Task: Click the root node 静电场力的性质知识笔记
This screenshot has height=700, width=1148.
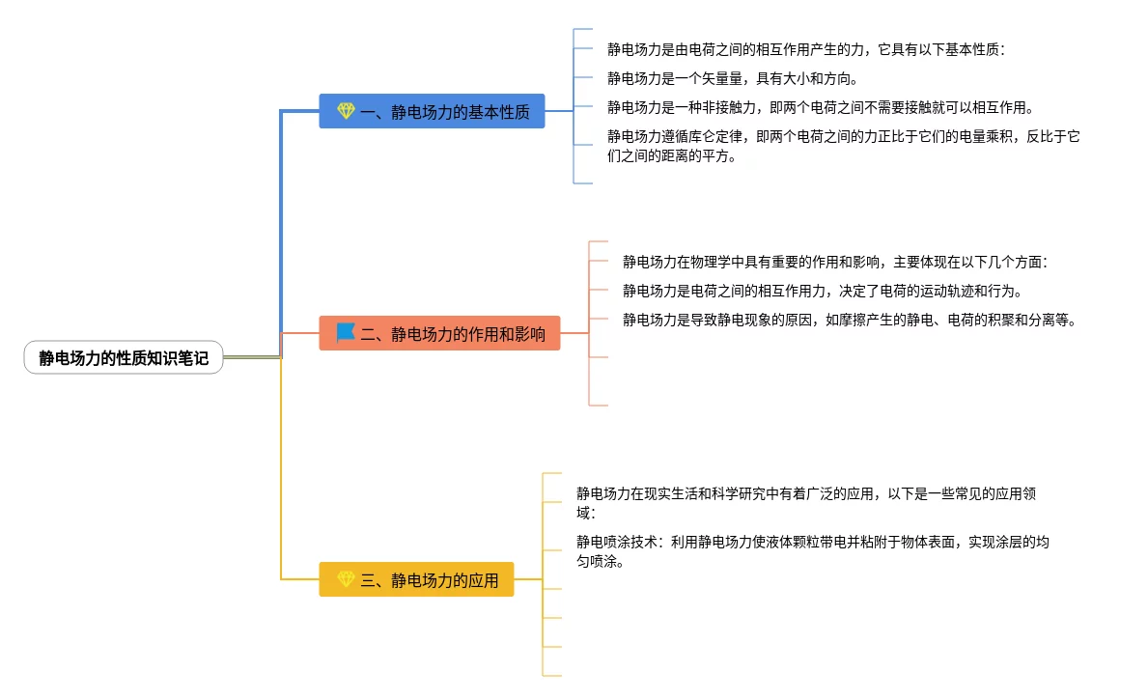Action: coord(124,358)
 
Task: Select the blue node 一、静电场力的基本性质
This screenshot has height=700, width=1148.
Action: coord(432,112)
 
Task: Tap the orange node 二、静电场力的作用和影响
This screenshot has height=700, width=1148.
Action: coord(439,333)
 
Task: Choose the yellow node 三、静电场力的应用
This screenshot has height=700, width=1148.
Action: coord(416,579)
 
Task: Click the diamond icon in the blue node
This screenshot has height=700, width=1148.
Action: coord(346,112)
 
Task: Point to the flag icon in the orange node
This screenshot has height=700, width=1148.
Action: coord(346,333)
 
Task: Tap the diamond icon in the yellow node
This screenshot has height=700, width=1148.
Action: coord(346,579)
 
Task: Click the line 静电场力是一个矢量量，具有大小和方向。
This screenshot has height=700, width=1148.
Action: coord(732,78)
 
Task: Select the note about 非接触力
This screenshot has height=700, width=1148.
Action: coord(820,107)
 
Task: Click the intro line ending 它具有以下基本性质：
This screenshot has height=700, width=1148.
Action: coord(806,49)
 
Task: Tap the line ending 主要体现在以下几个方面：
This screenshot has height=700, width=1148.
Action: coord(835,262)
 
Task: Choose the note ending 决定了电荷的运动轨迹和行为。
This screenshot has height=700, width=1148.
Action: coord(822,291)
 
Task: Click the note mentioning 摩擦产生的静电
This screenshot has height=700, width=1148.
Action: coord(849,320)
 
